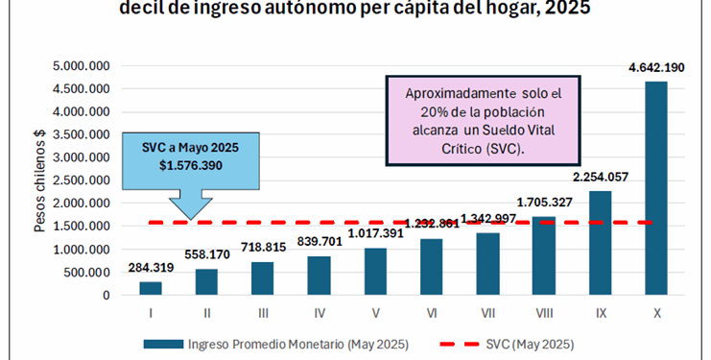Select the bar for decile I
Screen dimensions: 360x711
[x=151, y=288]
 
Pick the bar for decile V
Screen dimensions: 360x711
[x=375, y=272]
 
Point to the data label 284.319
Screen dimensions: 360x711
[x=151, y=268]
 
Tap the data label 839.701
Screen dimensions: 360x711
[x=319, y=243]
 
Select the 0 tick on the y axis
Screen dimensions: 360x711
[x=107, y=296]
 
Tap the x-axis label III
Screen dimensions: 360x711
[x=263, y=313]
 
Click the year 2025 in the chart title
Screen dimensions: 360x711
[x=560, y=11]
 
